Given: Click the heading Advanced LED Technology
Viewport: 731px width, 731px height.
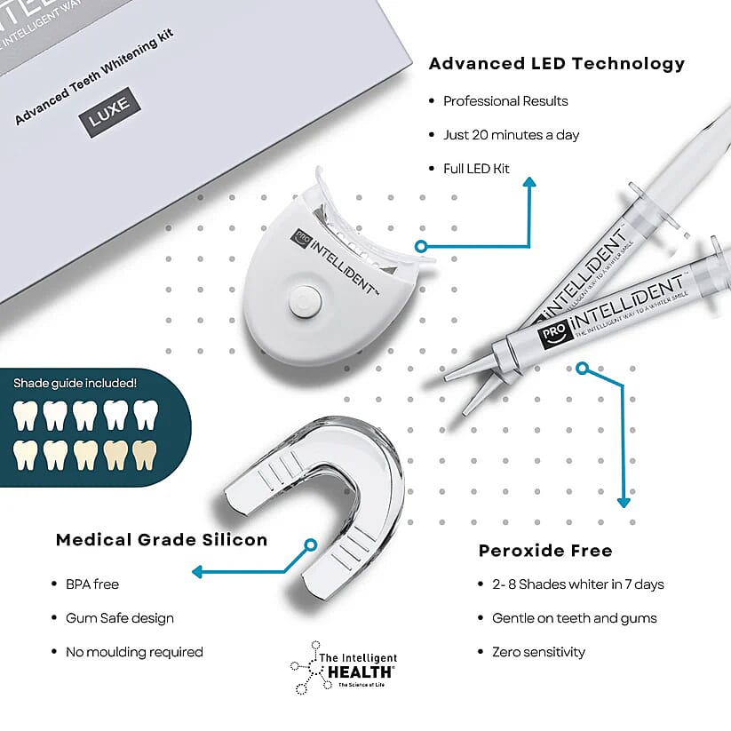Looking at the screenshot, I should pos(557,64).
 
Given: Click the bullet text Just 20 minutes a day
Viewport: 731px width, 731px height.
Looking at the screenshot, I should pos(511,135).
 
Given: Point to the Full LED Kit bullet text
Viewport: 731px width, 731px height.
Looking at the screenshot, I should pos(476,169).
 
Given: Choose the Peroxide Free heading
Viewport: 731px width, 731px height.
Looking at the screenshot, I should pos(545,551).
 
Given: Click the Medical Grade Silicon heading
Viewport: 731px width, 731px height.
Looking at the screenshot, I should pos(161,540).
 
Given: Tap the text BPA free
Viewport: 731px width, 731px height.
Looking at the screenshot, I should pos(91,584).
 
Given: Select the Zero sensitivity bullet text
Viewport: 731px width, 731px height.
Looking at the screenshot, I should pos(538,652).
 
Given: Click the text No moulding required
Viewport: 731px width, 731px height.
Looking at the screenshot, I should pos(133,652).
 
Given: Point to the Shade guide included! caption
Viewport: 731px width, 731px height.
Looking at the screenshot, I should pos(75,384).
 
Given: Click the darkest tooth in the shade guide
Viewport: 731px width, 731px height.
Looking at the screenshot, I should pos(144,456).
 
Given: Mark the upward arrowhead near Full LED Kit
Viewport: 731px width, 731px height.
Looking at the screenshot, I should pos(529,183).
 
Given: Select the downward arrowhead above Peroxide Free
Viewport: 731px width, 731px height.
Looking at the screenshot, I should pos(624,501).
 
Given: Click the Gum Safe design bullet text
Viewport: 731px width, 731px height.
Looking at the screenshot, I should pos(119,618).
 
